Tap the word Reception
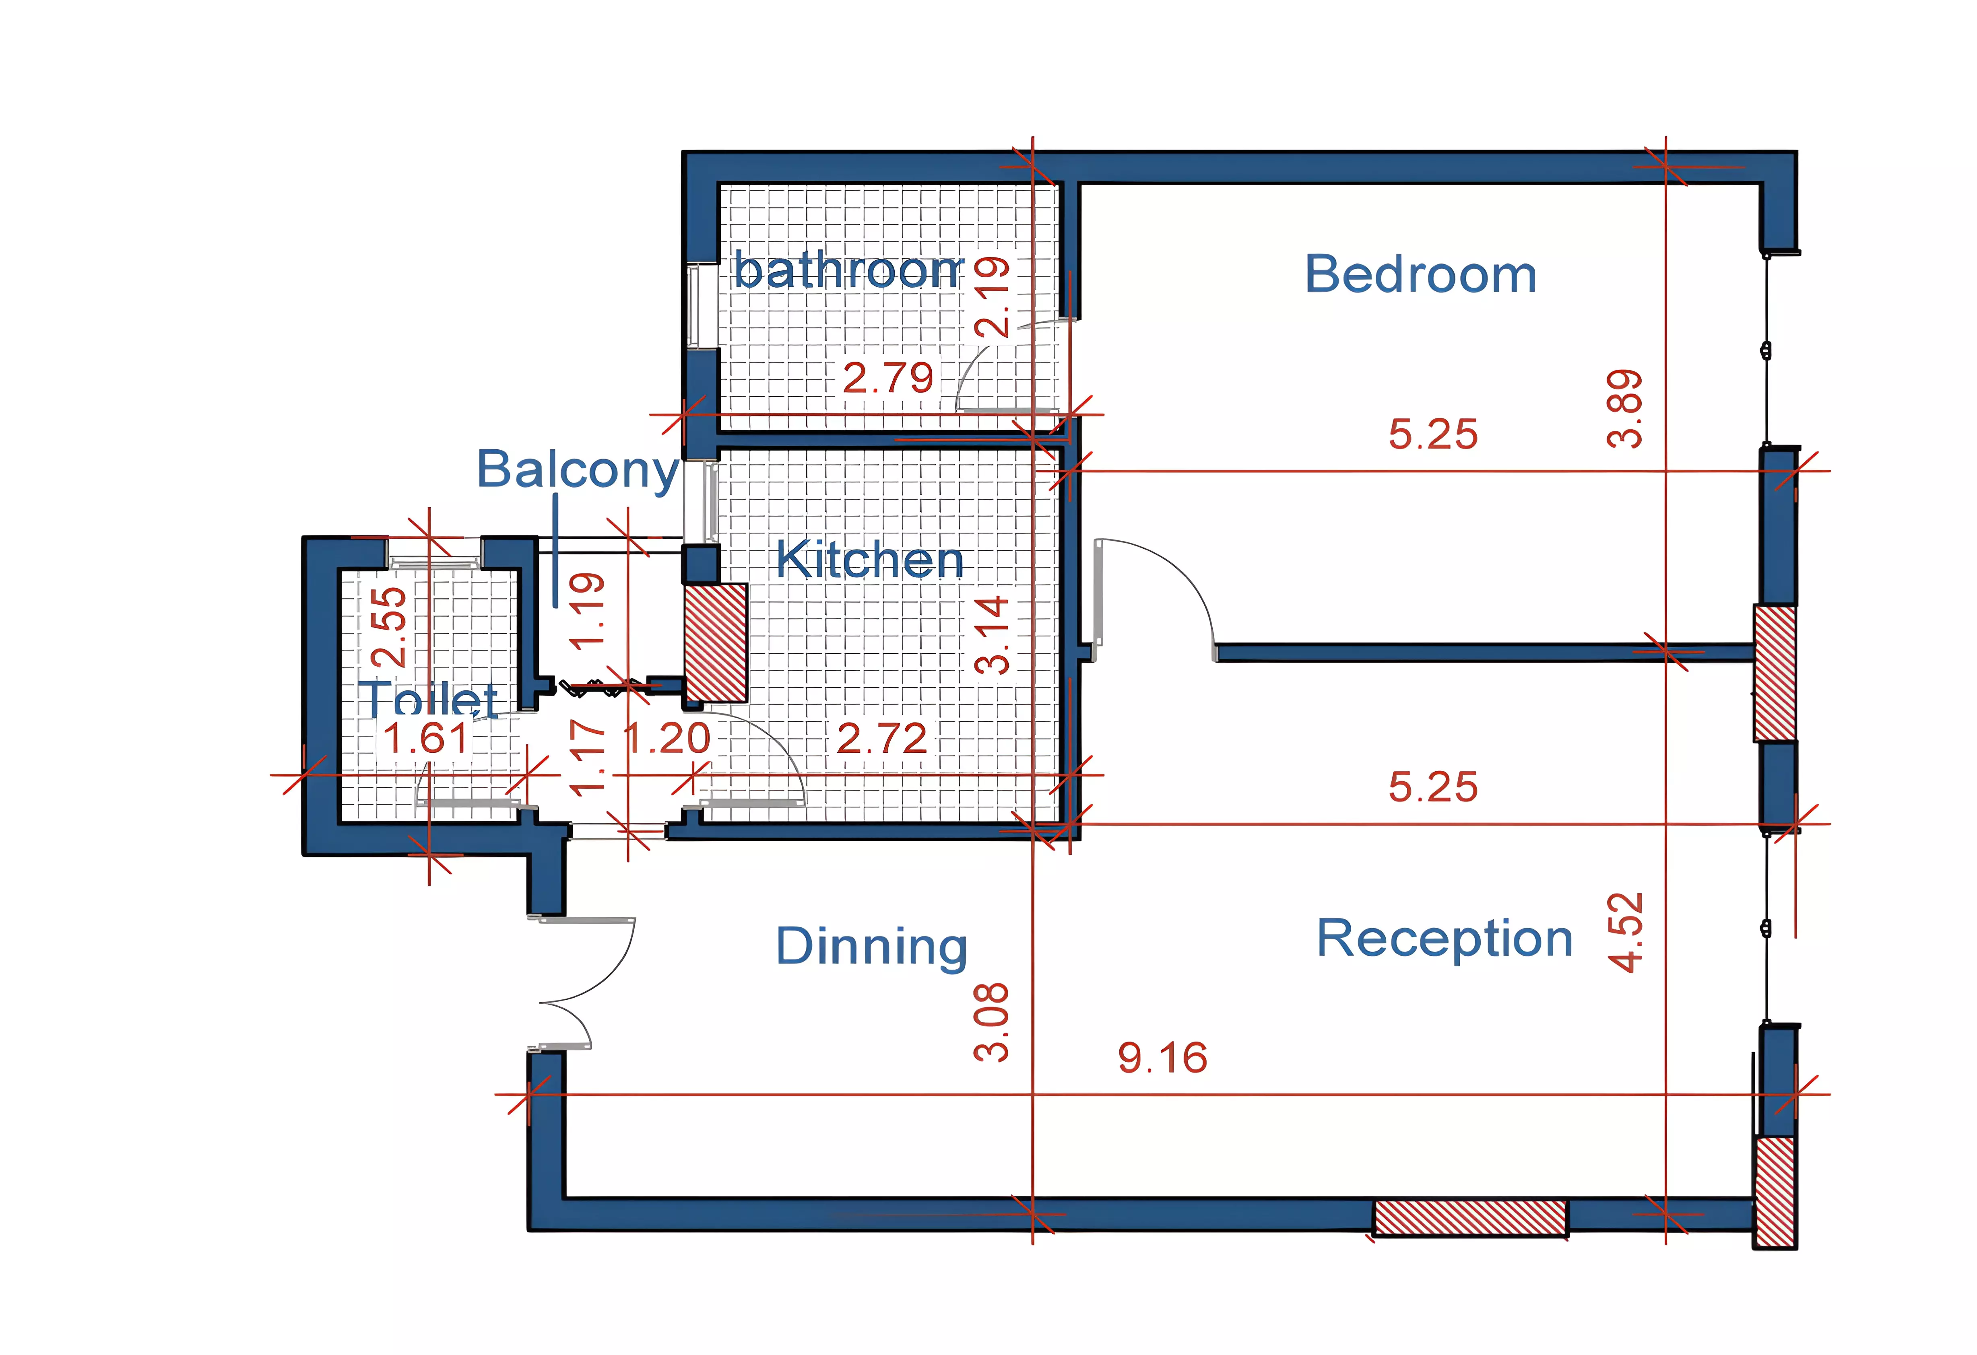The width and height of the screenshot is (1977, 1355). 1444,939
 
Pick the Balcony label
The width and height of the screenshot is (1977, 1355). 578,470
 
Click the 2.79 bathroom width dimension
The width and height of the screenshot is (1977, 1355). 887,378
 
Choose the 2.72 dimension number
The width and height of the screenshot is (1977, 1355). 881,738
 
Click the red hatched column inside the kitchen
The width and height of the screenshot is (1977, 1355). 716,642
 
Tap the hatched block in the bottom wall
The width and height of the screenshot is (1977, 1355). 1470,1217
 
